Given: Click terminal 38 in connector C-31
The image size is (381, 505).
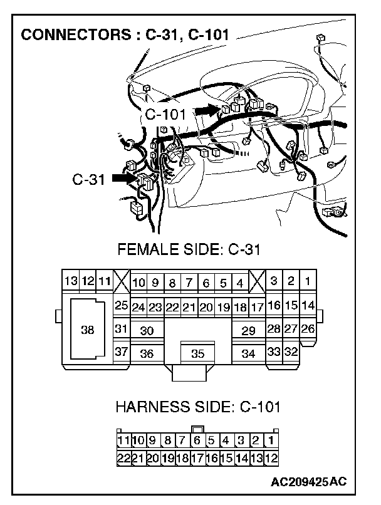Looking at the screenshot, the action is (x=88, y=330).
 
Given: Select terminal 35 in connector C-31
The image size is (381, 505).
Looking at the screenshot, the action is (x=197, y=353).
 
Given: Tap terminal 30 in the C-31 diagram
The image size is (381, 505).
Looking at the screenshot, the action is (x=147, y=330).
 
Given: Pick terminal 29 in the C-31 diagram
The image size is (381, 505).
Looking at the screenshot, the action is (x=248, y=330).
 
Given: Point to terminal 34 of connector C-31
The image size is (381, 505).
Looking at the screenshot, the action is (x=248, y=353).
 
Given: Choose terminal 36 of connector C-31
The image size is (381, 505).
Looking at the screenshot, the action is (x=147, y=353).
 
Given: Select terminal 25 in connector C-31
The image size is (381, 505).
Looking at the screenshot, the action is (x=122, y=306).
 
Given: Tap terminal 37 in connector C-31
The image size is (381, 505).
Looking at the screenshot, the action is (x=122, y=352).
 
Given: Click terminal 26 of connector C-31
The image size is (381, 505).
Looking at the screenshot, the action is (x=308, y=328).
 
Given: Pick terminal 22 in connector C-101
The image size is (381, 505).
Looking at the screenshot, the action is (x=123, y=458).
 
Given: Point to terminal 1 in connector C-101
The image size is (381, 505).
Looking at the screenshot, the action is (x=271, y=440).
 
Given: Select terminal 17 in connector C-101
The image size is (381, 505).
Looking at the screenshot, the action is (x=197, y=458).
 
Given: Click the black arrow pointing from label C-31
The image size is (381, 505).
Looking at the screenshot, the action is (x=124, y=179).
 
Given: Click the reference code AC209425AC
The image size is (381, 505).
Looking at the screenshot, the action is (x=308, y=482).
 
